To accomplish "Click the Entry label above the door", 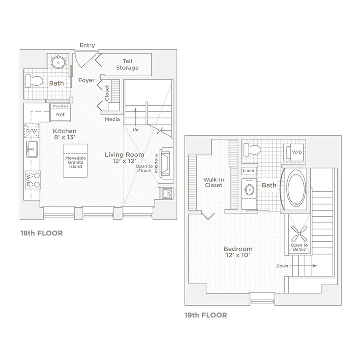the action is click(87, 45).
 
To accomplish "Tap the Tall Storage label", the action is click(127, 64).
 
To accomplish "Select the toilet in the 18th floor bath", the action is click(34, 81).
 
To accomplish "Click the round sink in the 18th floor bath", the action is click(58, 62).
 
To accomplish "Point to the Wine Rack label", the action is click(60, 106).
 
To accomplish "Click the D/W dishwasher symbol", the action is click(32, 131).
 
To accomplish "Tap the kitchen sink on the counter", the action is click(32, 149).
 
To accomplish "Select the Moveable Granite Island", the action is click(75, 161).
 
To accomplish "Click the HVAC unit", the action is click(167, 193).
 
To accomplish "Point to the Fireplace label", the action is click(156, 163).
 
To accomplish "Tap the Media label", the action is click(112, 119).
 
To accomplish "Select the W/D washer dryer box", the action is click(294, 152).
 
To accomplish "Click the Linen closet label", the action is click(248, 171).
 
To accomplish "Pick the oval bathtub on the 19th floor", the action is click(296, 189).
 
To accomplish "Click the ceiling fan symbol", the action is click(299, 234).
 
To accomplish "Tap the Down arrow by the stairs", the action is click(303, 266).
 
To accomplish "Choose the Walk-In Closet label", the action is click(213, 183).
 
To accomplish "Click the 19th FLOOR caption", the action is click(206, 315).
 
